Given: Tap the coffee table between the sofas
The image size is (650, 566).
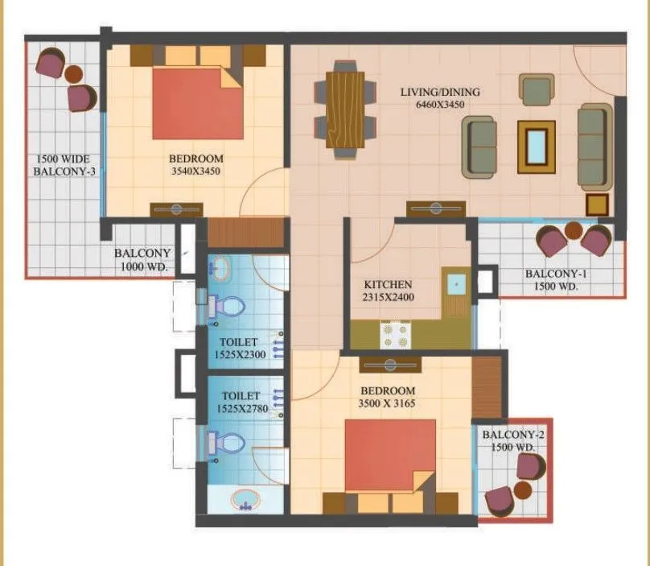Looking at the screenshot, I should pyautogui.click(x=536, y=146).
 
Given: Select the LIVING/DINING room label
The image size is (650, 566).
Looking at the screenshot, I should pyautogui.click(x=440, y=92).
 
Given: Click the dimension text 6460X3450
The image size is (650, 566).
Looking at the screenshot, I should pyautogui.click(x=440, y=105).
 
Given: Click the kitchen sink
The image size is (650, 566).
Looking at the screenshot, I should pyautogui.click(x=455, y=283).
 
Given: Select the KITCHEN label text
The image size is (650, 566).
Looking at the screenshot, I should pyautogui.click(x=388, y=284).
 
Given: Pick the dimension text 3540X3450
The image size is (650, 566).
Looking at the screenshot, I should pyautogui.click(x=195, y=171).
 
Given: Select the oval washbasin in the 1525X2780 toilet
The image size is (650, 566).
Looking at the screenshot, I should pyautogui.click(x=245, y=499).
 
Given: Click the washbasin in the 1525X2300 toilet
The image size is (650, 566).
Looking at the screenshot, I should pyautogui.click(x=220, y=266).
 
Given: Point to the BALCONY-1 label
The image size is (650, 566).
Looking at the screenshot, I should pyautogui.click(x=557, y=274).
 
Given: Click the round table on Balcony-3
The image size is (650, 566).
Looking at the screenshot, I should pyautogui.click(x=73, y=75).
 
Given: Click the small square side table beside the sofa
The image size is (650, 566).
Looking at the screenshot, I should pyautogui.click(x=597, y=205).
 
